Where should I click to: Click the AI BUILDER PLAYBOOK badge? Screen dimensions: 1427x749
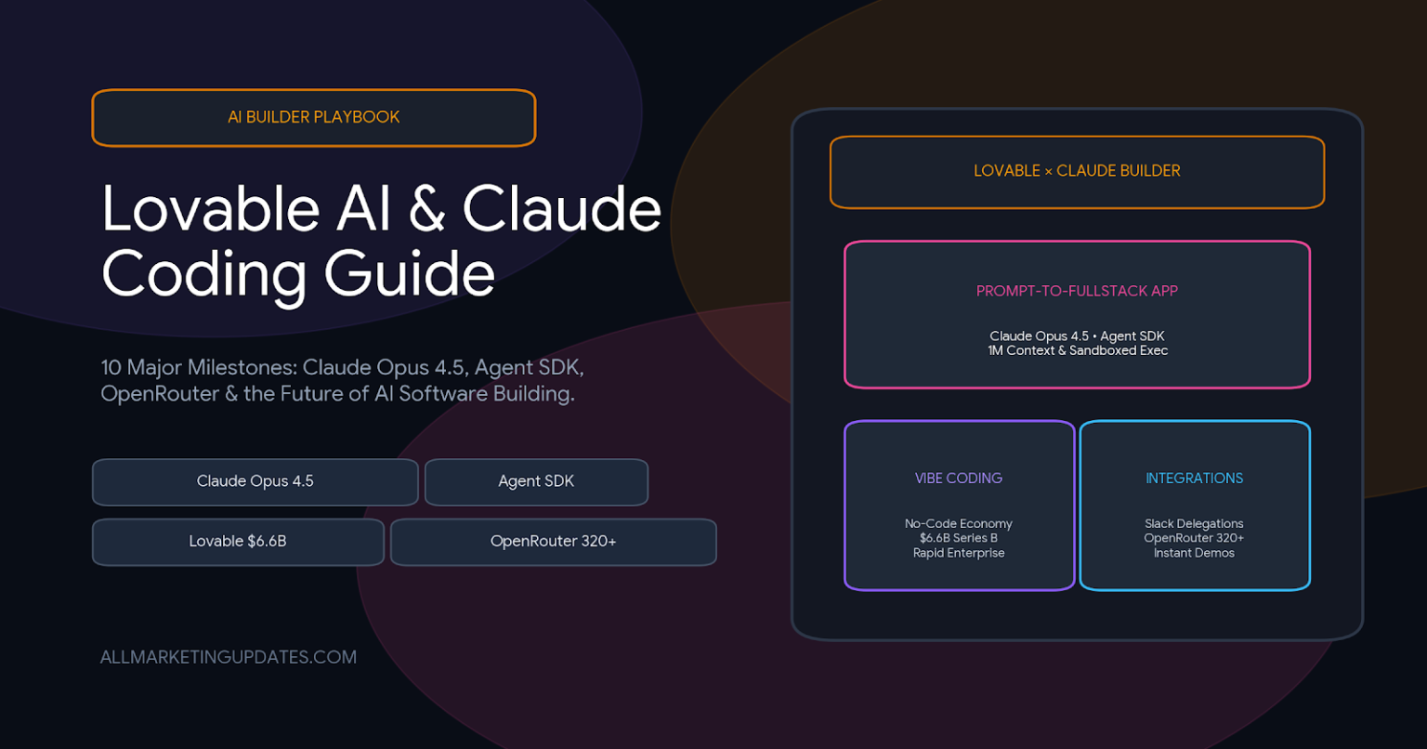313,118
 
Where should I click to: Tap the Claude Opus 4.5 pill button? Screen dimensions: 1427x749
255,482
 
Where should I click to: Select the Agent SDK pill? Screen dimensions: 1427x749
536,482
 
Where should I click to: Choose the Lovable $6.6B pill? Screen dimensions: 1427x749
238,542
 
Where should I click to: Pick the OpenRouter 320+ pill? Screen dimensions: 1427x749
553,542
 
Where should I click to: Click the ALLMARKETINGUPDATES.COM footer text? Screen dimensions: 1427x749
228,657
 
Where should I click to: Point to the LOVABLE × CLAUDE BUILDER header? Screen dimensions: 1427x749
1077,172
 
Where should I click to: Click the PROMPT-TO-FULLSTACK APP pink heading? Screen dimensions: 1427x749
1077,291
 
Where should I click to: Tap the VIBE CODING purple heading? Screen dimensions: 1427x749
958,478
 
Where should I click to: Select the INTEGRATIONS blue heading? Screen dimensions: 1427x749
1194,478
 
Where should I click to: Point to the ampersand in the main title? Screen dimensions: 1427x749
426,209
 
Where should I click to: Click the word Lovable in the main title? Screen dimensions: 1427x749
210,209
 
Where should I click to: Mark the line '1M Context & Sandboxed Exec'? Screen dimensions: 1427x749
1078,350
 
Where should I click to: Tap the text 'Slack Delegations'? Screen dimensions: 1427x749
1194,523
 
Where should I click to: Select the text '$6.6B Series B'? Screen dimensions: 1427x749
958,538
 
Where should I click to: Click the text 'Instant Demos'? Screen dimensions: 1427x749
1194,553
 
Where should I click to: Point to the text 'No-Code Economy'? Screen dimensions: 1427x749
958,523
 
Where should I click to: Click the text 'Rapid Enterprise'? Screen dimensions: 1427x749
958,553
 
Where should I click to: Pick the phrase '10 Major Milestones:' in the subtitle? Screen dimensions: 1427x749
199,368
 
